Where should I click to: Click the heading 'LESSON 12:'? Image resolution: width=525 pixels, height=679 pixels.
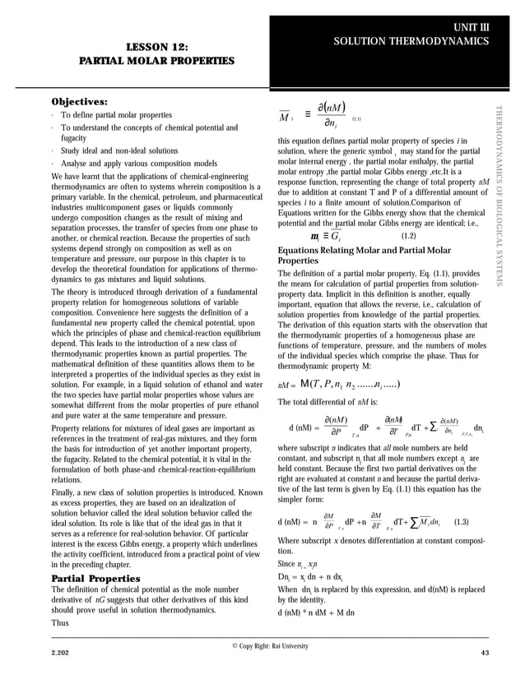[156, 47]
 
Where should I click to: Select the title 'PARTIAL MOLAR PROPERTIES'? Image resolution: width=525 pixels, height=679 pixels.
[156, 61]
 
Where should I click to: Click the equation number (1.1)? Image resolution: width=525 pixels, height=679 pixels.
[356, 119]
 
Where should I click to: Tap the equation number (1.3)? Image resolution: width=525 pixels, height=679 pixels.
[462, 522]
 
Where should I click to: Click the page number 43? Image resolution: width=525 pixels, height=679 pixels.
[484, 653]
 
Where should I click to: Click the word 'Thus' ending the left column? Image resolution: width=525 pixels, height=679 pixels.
[61, 623]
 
